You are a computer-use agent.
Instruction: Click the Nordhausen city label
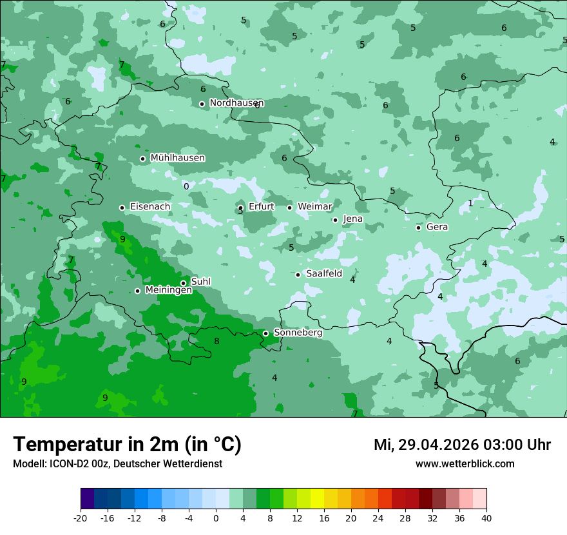[236, 103]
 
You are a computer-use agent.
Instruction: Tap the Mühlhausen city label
[177, 158]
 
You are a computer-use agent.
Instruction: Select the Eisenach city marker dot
[122, 208]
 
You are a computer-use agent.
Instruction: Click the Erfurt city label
[261, 207]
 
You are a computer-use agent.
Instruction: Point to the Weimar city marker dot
[289, 208]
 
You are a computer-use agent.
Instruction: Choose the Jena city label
[352, 219]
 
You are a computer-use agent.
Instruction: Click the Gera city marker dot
[418, 228]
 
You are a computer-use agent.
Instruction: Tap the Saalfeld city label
[323, 274]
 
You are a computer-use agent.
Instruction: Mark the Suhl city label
[200, 282]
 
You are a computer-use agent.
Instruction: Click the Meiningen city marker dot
[137, 291]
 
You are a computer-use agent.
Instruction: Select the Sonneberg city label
[298, 333]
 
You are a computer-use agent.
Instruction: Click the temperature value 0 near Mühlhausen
[186, 187]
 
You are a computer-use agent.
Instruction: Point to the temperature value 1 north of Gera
[470, 204]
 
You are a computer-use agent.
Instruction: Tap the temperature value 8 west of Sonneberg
[216, 342]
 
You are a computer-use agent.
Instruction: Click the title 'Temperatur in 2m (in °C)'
[127, 444]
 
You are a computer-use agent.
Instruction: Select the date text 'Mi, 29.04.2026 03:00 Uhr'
[462, 445]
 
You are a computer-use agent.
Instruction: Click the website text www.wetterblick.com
[465, 464]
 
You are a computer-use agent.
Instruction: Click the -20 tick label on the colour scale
[80, 518]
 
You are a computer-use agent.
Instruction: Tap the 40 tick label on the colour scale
[486, 518]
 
